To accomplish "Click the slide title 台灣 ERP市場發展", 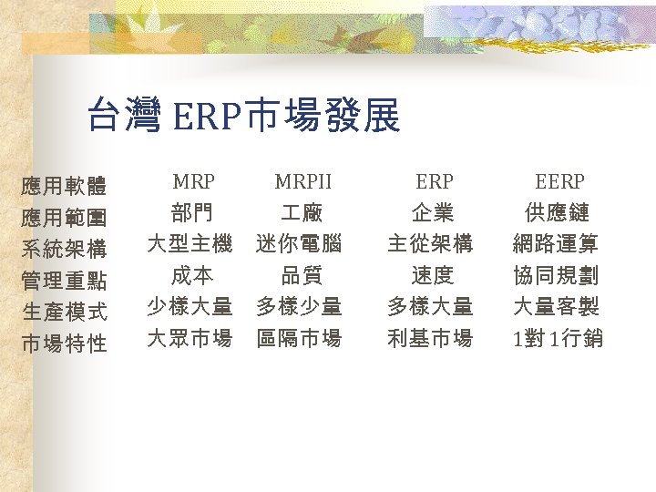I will pyautogui.click(x=243, y=117).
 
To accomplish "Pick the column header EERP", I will pyautogui.click(x=559, y=181).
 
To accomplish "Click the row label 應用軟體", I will pyautogui.click(x=64, y=188).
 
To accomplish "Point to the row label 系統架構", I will pyautogui.click(x=64, y=250).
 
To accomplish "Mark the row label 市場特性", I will pyautogui.click(x=64, y=343).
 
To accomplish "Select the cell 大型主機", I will pyautogui.click(x=190, y=244).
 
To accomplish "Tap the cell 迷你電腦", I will pyautogui.click(x=299, y=244).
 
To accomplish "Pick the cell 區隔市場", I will pyautogui.click(x=299, y=339).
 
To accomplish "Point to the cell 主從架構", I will pyautogui.click(x=430, y=244).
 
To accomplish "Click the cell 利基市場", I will pyautogui.click(x=430, y=339).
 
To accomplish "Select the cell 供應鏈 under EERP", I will pyautogui.click(x=558, y=213).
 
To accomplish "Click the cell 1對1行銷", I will pyautogui.click(x=558, y=339).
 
